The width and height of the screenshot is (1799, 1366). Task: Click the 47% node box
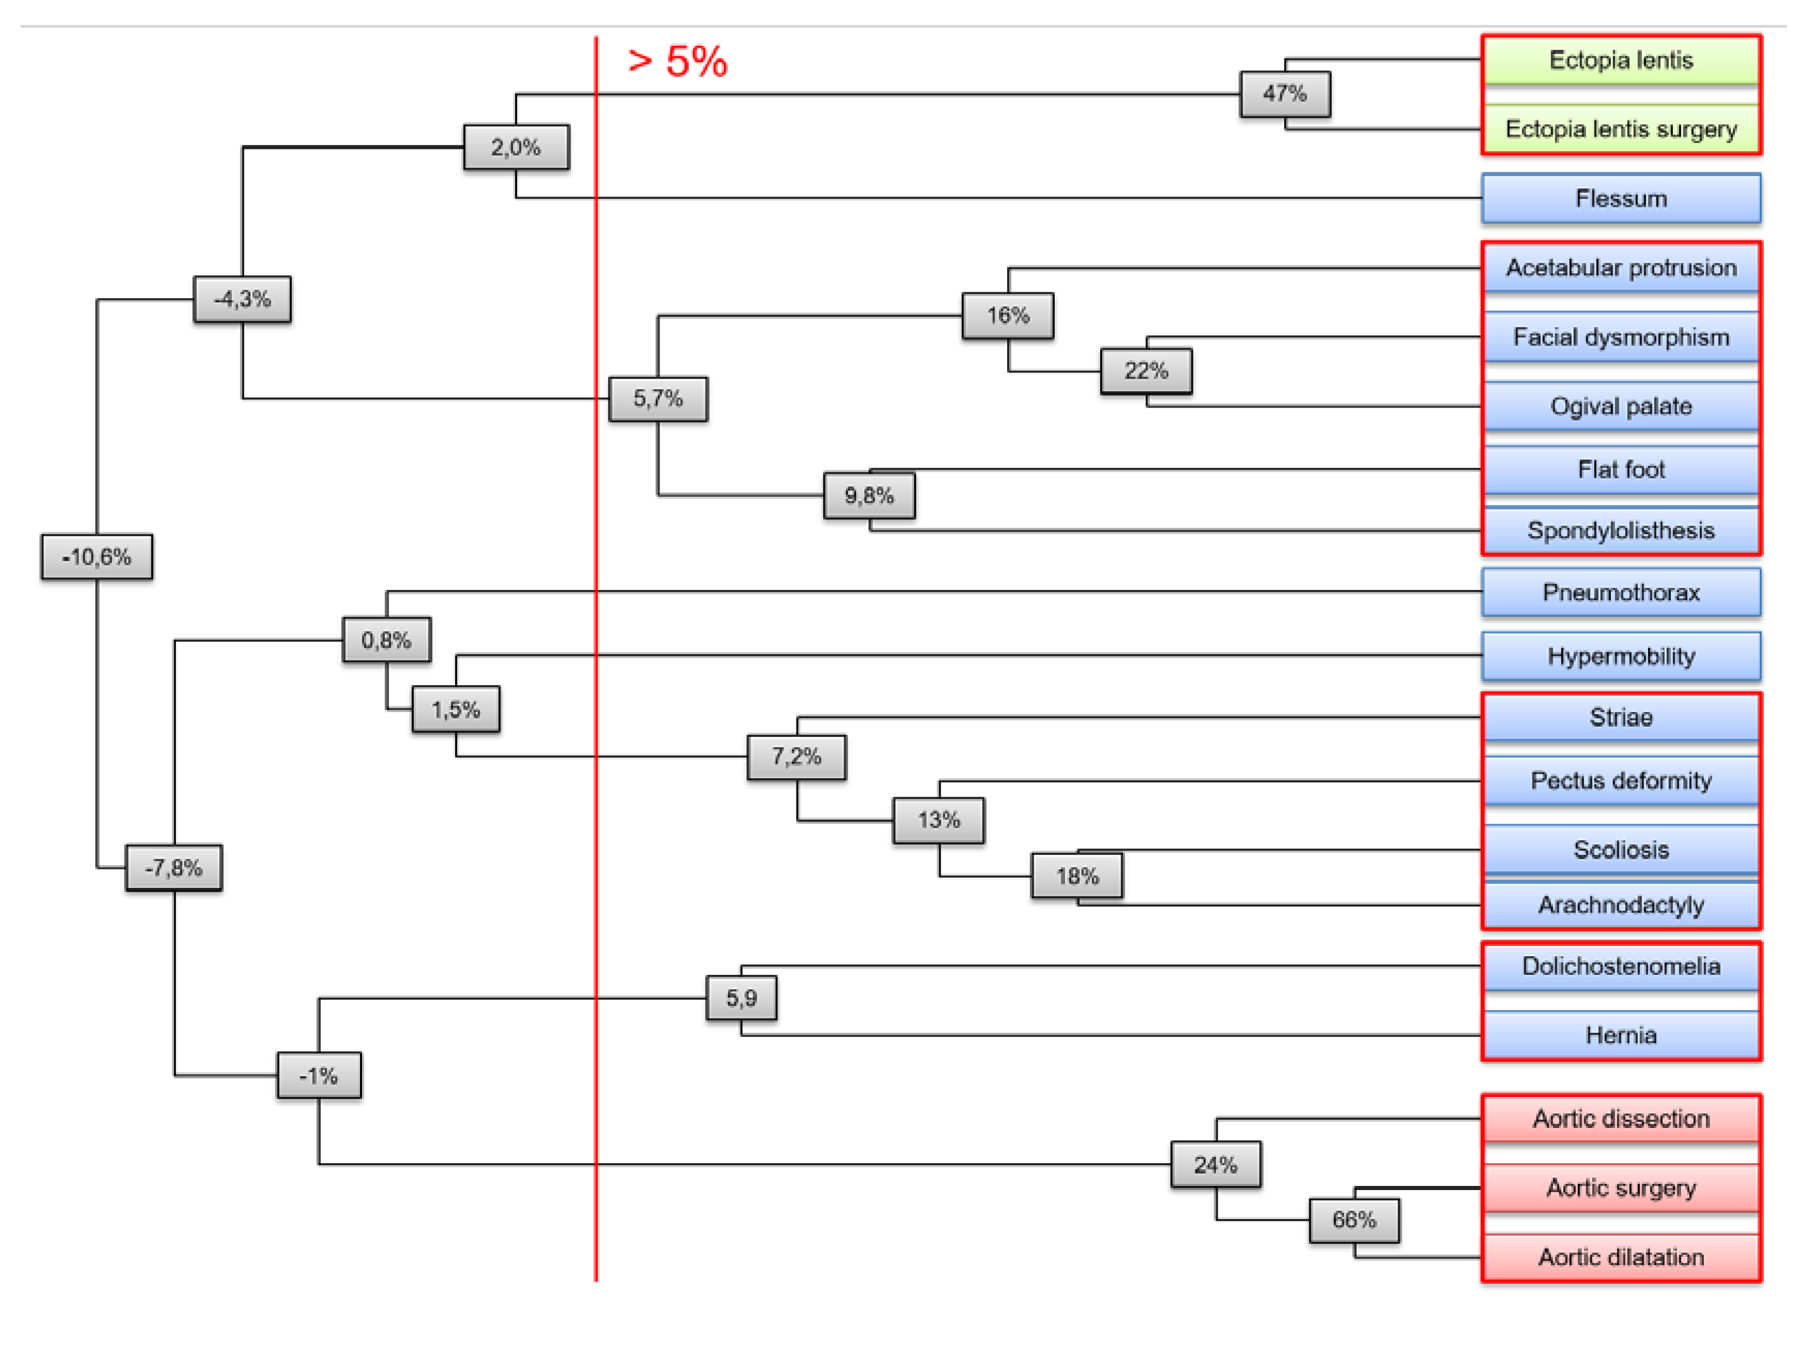pyautogui.click(x=1284, y=94)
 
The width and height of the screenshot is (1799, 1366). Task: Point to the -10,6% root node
pyautogui.click(x=97, y=556)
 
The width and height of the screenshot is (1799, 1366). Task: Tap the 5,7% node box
pyautogui.click(x=658, y=398)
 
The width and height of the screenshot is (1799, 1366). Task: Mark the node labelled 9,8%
pyautogui.click(x=868, y=496)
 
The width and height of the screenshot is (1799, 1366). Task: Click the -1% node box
pyautogui.click(x=319, y=1076)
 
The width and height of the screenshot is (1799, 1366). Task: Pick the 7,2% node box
pyautogui.click(x=796, y=756)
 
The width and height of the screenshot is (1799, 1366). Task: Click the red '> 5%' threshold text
pyautogui.click(x=678, y=61)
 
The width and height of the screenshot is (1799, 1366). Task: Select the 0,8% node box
pyautogui.click(x=386, y=640)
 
